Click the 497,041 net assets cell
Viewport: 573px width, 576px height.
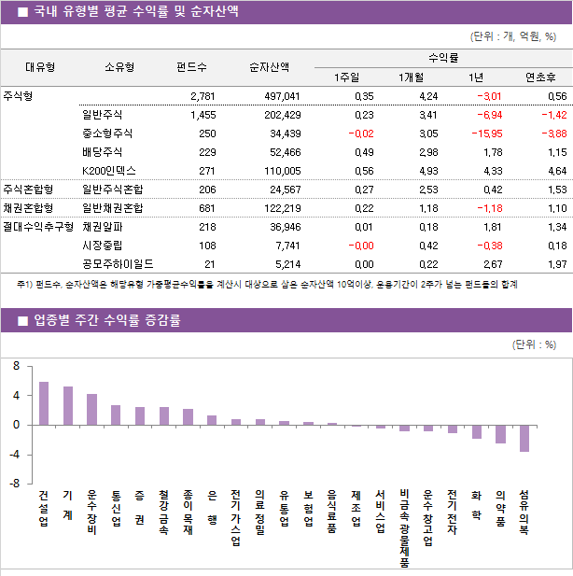click(x=279, y=96)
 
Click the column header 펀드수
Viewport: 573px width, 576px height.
click(x=191, y=67)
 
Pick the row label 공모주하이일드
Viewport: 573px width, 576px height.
click(x=118, y=264)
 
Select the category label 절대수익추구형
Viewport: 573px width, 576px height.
click(x=37, y=227)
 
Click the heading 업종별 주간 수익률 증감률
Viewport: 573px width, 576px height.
click(x=106, y=321)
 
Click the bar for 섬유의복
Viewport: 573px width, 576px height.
click(x=524, y=439)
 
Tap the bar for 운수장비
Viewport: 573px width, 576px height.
click(x=91, y=409)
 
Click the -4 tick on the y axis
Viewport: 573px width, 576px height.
click(x=14, y=455)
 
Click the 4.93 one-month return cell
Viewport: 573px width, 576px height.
click(x=427, y=171)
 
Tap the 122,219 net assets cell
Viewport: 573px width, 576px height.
click(x=279, y=208)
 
